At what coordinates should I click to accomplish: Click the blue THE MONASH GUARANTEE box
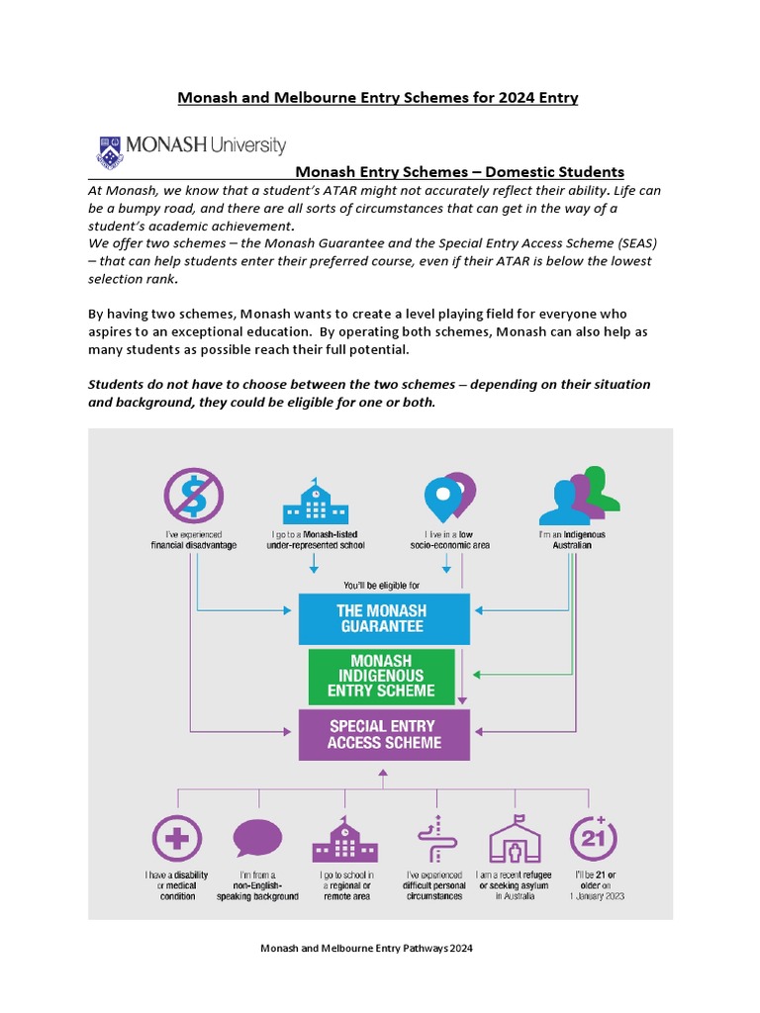click(x=384, y=618)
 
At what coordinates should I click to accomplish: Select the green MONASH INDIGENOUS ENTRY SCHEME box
click(x=381, y=675)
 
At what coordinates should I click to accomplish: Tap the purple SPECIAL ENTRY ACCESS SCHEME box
click(x=384, y=734)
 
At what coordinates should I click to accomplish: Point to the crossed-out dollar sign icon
click(x=193, y=495)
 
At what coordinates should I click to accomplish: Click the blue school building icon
click(x=314, y=502)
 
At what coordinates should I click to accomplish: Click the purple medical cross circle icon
click(x=177, y=840)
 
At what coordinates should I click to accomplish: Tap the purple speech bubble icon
click(x=258, y=840)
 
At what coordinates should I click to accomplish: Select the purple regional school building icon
click(x=343, y=840)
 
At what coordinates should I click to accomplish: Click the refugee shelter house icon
click(x=515, y=840)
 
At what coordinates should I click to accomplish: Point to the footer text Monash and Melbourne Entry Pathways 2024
click(x=366, y=948)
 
